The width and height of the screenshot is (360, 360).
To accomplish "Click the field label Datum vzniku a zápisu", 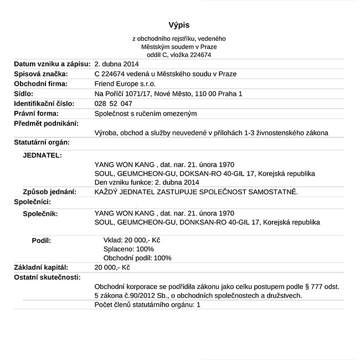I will [52, 64].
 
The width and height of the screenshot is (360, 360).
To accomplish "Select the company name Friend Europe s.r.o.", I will [125, 84].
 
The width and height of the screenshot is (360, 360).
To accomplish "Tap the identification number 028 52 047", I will [114, 104].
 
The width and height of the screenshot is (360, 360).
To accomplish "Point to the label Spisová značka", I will [41, 74].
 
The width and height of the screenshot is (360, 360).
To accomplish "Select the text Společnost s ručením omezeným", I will [146, 114].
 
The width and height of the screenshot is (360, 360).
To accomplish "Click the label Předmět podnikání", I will [46, 123].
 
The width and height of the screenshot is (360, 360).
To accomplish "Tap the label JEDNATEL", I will [42, 155].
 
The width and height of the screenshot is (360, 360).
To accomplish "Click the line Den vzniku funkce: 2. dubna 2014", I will [147, 182].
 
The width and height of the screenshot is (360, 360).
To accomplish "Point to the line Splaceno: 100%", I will [129, 249].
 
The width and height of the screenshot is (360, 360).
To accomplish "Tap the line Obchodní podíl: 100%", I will [137, 258].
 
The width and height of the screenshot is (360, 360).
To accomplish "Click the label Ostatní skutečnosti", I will [47, 277].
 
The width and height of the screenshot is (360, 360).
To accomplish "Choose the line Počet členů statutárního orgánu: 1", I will [147, 305].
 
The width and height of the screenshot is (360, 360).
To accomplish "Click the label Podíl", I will [42, 240].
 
